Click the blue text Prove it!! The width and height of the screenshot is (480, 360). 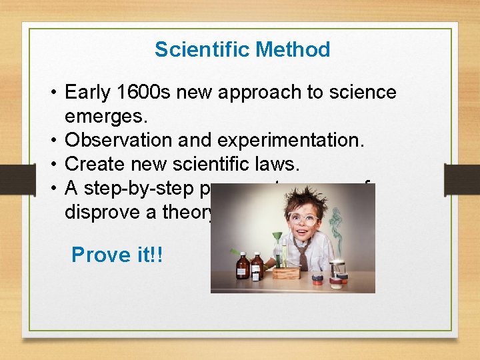[117, 255]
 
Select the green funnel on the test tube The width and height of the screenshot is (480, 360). [274, 235]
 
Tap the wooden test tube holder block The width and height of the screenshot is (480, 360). [287, 272]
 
